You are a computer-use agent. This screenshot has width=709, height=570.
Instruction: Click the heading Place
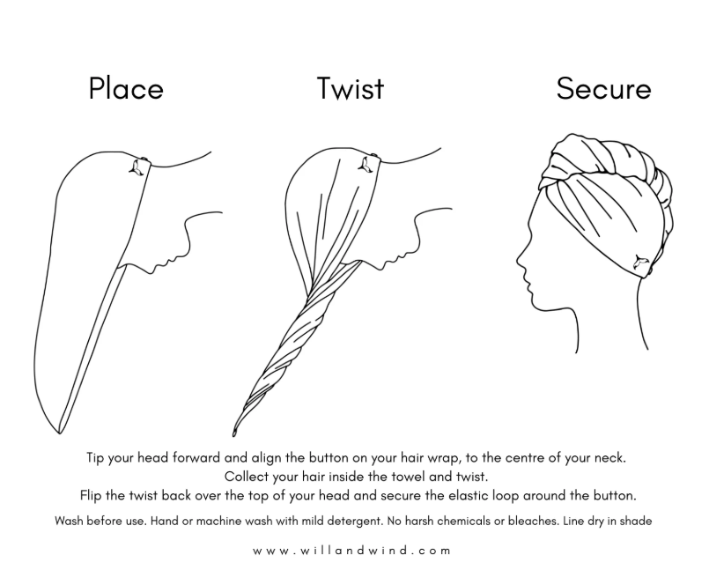point(126,88)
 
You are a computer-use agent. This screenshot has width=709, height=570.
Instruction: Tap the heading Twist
point(351,88)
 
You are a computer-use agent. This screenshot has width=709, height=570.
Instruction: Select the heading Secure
point(603,88)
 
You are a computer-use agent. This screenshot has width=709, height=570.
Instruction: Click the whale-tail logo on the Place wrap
point(137,168)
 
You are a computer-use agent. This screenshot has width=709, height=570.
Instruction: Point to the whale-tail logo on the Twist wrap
point(366,164)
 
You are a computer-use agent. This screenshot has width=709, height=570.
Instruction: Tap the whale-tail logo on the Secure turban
point(639,263)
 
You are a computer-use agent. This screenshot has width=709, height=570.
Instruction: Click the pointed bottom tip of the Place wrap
point(59,433)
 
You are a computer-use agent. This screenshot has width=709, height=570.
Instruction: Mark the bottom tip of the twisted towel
point(233,434)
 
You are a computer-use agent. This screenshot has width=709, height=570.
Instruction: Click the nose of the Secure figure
point(519,260)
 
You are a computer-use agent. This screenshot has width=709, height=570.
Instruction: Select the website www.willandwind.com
point(351,551)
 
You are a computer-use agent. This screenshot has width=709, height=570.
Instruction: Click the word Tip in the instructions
point(95,458)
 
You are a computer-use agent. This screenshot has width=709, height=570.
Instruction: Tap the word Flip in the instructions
point(91,496)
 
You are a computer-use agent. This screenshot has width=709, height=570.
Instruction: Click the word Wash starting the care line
point(70,522)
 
